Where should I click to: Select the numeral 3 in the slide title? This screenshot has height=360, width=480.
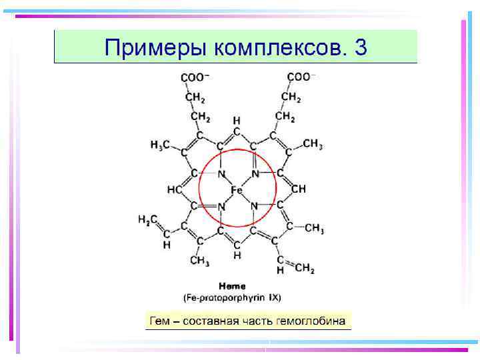361,47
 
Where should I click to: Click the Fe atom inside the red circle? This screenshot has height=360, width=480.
237,190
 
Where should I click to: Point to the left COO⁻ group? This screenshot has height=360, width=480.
195,77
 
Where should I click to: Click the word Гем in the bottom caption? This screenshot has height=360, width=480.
160,321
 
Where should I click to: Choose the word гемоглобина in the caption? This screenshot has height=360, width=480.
314,321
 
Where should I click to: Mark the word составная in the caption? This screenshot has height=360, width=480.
211,321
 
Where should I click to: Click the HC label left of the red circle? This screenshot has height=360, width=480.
175,190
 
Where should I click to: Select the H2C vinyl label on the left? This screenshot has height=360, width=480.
147,219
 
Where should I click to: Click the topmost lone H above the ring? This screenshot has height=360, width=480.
236,120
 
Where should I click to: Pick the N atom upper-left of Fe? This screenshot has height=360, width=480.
221,174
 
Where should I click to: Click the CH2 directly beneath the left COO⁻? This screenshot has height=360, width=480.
195,97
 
